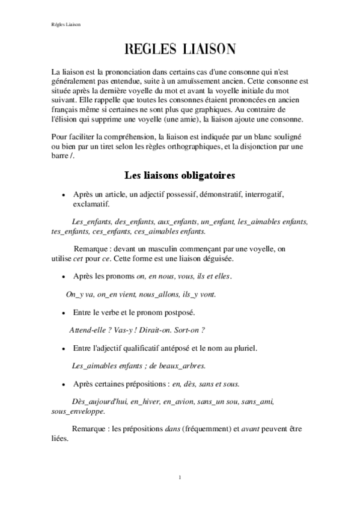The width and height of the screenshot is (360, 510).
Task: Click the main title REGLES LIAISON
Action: pyautogui.click(x=180, y=48)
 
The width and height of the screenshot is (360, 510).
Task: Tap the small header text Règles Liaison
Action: pyautogui.click(x=66, y=25)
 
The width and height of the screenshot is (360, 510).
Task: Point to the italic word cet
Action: pyautogui.click(x=79, y=259)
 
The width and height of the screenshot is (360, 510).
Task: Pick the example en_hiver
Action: pyautogui.click(x=149, y=401)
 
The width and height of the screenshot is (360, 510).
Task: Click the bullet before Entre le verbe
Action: pyautogui.click(x=64, y=313)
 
